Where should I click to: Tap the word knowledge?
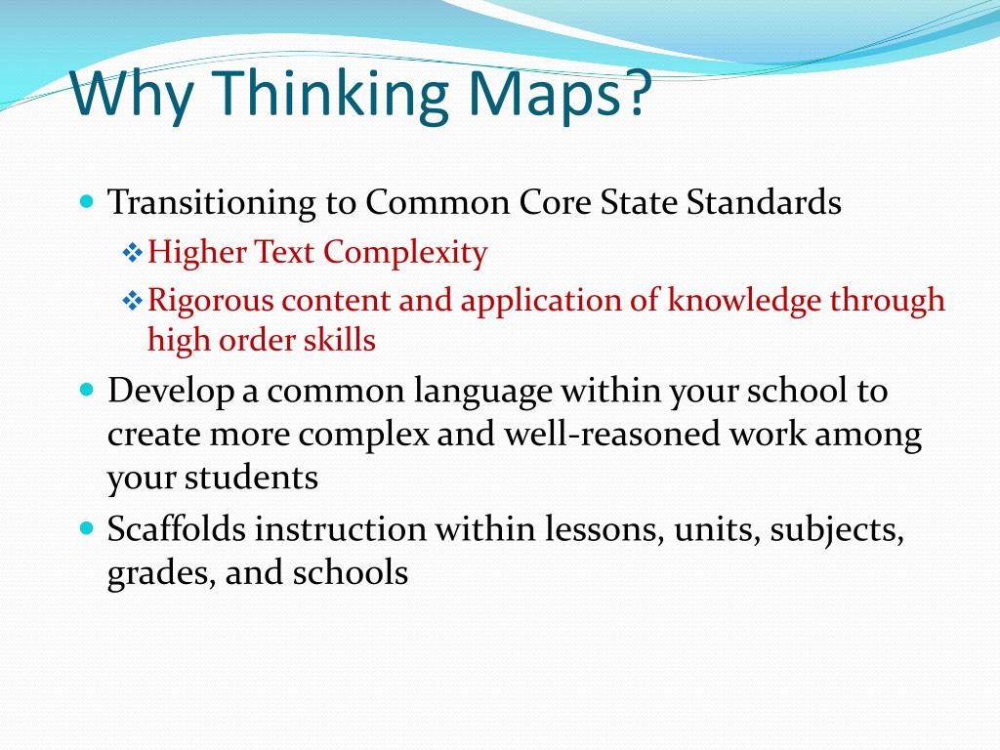pos(744,300)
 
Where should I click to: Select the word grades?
pos(161,573)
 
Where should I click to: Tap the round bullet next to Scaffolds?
pos(86,529)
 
